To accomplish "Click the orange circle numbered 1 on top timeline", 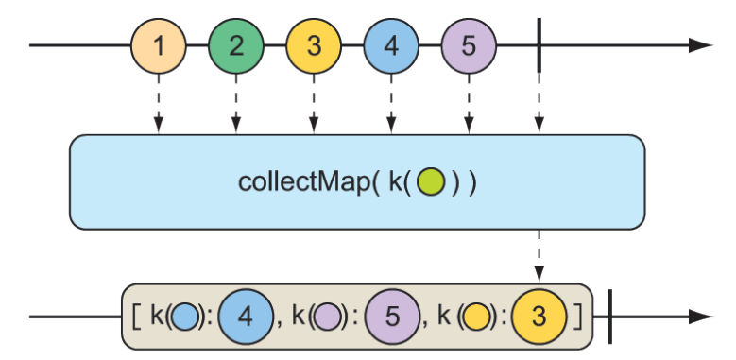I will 159,45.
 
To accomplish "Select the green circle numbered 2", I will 236,45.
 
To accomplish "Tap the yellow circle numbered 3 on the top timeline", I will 314,45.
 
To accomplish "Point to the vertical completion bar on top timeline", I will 539,45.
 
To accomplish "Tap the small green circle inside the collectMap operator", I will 430,180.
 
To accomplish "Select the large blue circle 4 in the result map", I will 245,317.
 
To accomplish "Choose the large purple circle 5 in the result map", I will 392,317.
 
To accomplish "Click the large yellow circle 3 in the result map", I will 539,317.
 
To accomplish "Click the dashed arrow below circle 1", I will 159,104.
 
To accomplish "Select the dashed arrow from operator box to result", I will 539,255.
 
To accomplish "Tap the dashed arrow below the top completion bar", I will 539,104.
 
